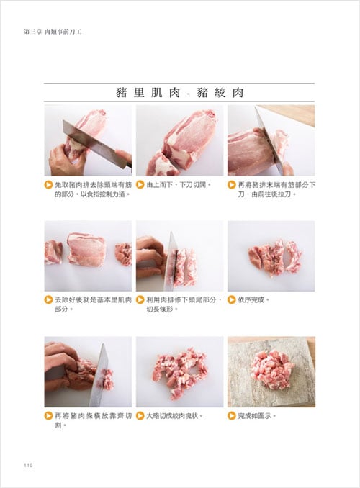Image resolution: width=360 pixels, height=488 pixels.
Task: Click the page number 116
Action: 28,465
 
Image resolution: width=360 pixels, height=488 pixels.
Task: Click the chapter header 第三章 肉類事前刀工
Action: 53,32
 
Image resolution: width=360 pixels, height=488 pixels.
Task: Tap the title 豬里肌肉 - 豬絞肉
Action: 179,92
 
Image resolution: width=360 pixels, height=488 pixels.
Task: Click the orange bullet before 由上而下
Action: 140,185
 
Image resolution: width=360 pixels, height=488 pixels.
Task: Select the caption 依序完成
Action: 253,299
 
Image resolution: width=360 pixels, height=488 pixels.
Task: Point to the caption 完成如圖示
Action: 257,415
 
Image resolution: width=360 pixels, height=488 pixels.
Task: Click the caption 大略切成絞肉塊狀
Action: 174,415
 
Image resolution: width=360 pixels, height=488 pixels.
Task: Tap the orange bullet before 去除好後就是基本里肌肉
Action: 48,299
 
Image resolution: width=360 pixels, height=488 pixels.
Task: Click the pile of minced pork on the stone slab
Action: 271,369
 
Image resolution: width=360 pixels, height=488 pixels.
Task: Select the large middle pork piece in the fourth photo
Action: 86,249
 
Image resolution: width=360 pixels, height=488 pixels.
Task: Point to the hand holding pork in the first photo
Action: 66,160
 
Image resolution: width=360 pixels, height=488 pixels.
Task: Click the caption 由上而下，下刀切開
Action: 179,185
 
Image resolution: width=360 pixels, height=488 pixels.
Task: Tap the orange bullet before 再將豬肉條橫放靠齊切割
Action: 48,415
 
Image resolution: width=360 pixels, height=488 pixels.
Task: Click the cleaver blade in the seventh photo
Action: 99,375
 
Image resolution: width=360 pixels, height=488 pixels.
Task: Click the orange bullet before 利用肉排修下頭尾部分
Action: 140,299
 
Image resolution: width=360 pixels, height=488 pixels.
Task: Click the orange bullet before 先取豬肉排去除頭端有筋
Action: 48,185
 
